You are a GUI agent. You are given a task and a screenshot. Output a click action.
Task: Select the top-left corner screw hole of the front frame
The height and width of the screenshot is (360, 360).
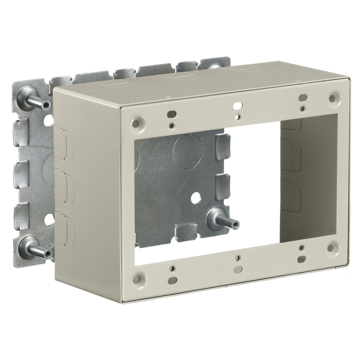coord(135,123)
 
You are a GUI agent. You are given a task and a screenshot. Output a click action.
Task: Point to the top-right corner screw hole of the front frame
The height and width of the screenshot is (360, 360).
coord(332,98)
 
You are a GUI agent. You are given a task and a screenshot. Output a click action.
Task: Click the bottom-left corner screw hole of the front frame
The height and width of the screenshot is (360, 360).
coord(136,279)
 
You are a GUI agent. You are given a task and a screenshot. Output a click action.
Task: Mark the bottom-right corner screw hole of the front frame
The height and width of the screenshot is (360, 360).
coord(330,248)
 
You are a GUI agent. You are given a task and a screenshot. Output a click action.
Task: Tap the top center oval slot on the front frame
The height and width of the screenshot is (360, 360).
coord(238,105)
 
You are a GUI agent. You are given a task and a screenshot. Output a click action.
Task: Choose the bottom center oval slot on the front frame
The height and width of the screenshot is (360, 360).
coord(238,270)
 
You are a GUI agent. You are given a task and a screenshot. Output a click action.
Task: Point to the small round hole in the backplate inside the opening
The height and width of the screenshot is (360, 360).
coord(196,198)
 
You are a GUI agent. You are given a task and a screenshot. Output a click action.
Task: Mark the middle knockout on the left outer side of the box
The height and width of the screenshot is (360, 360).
coord(64,186)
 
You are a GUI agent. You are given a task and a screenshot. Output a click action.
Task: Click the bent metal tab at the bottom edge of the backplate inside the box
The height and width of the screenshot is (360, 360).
coord(186,233)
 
